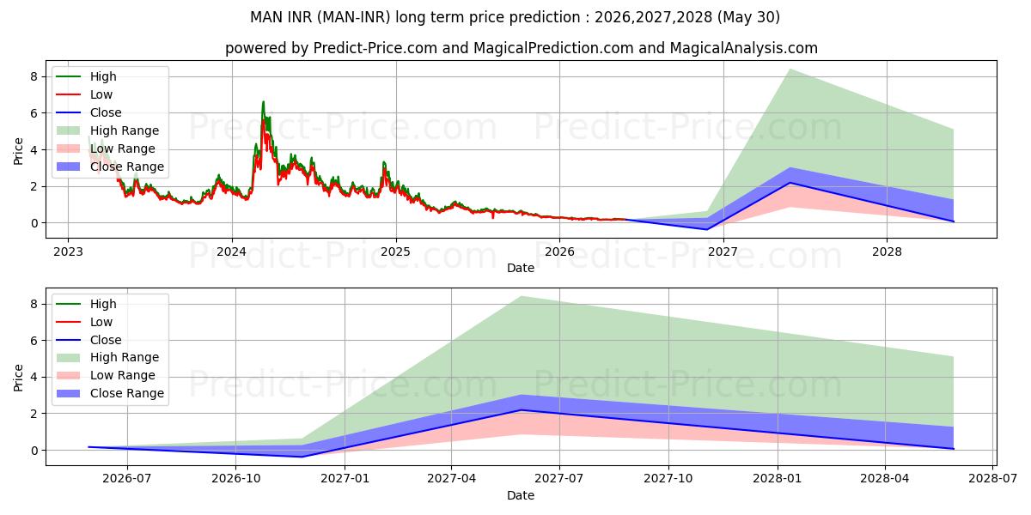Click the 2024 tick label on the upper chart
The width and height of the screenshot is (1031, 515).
click(x=231, y=252)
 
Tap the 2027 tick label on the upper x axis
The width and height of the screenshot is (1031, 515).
click(x=723, y=252)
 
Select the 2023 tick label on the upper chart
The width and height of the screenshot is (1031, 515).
click(x=68, y=252)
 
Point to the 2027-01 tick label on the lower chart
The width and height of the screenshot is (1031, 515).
click(x=345, y=479)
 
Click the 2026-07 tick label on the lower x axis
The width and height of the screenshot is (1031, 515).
click(x=126, y=479)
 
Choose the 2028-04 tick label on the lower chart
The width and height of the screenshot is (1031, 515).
click(x=885, y=479)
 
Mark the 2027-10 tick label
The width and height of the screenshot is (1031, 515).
click(x=668, y=479)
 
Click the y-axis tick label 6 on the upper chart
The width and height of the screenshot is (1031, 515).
click(x=34, y=113)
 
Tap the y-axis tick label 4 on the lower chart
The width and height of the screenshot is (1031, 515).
click(x=34, y=377)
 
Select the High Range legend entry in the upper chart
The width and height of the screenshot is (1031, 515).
click(x=107, y=130)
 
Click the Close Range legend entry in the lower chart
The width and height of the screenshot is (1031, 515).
click(x=110, y=393)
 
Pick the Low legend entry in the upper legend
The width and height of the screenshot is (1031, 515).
click(x=84, y=94)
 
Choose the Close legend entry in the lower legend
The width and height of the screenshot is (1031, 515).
click(x=88, y=340)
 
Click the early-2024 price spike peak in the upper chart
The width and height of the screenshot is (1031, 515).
click(x=263, y=101)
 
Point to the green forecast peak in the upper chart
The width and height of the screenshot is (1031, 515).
click(x=790, y=69)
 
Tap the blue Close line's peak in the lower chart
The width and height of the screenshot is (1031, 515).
click(x=521, y=409)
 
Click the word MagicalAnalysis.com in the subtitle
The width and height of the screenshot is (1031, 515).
click(x=744, y=48)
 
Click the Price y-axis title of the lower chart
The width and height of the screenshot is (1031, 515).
click(x=18, y=378)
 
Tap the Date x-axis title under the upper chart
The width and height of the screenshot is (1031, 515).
click(x=521, y=268)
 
